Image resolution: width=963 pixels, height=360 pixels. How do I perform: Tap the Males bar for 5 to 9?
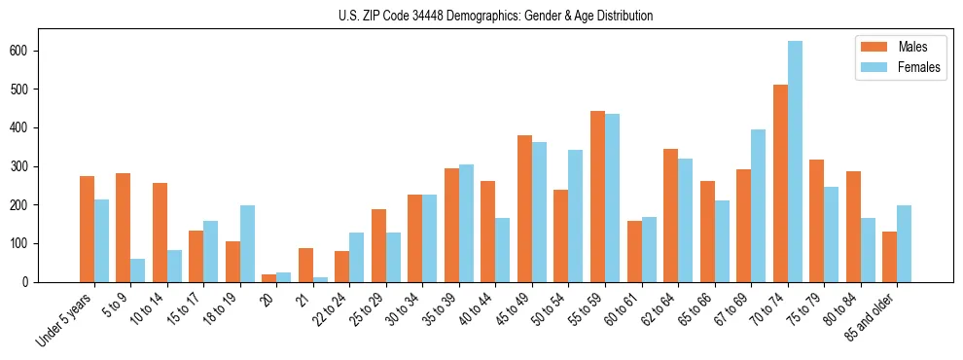click(124, 228)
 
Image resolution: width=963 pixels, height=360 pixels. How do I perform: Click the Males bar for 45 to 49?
click(524, 208)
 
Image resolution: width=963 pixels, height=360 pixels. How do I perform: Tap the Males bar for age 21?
click(305, 265)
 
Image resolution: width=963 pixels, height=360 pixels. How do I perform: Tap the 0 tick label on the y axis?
click(32, 282)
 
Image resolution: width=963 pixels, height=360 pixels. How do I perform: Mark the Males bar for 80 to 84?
click(853, 227)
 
